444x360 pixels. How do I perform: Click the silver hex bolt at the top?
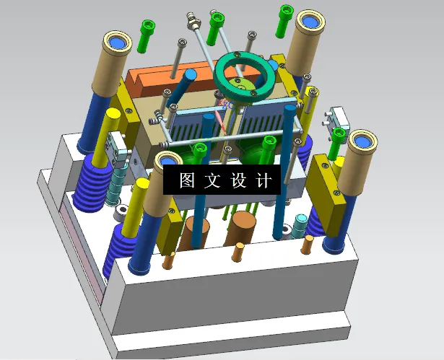pos(192,19)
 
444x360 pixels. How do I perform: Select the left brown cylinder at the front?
pos(196,234)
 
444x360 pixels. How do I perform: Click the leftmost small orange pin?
pos(170,260)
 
